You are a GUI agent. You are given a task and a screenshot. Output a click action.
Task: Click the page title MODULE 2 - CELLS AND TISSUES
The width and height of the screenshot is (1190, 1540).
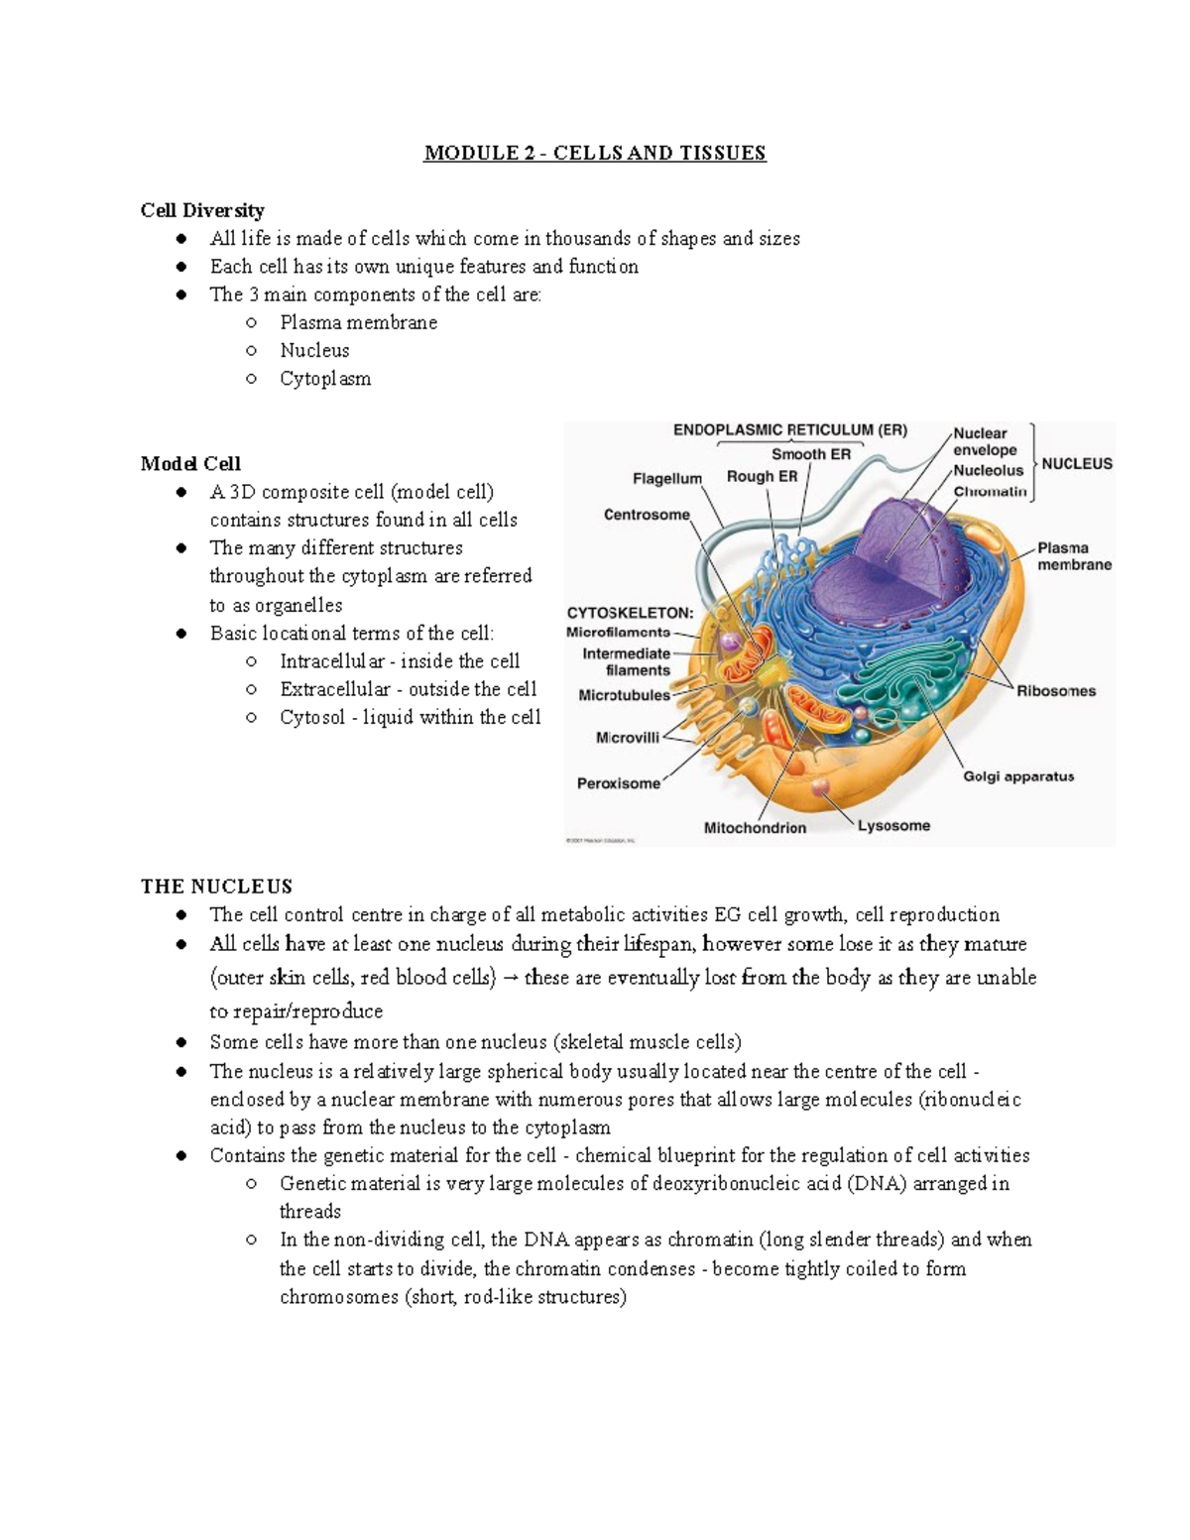coord(595,153)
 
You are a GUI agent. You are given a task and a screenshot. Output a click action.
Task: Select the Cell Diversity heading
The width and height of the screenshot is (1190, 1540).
coord(202,210)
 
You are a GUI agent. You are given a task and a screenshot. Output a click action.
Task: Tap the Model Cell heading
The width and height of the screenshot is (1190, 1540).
coord(190,464)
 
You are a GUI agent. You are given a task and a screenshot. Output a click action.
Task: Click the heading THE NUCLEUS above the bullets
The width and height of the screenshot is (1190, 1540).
coord(216,887)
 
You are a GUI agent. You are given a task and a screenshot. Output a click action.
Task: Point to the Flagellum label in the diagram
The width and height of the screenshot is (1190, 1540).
coord(666,479)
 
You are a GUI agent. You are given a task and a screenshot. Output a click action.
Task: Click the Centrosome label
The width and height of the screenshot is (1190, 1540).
coord(647,515)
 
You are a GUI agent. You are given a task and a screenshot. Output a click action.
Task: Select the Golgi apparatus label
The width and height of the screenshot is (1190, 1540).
coord(1018,776)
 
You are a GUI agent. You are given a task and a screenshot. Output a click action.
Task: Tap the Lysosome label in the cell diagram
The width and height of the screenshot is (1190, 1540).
coord(893,825)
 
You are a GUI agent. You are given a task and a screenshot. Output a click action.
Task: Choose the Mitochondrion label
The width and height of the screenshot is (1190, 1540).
coord(755,828)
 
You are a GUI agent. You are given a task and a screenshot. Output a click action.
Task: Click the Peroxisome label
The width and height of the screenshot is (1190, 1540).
coord(619,783)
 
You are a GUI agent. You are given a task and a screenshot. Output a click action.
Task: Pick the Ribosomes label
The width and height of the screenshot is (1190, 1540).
coord(1056,691)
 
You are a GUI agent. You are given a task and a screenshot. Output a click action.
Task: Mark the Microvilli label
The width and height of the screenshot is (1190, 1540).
coord(628,738)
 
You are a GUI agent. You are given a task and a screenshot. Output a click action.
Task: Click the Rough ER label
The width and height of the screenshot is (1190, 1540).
coord(762,476)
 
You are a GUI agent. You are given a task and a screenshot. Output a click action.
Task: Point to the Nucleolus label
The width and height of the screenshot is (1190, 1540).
coord(988,471)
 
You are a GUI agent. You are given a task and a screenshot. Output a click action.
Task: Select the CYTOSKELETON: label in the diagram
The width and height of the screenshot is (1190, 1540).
coord(630,613)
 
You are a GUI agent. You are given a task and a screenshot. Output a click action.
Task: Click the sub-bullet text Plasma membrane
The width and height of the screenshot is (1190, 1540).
coord(358,322)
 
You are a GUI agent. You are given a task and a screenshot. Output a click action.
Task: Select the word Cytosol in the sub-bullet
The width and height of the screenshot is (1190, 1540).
coord(312,717)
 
